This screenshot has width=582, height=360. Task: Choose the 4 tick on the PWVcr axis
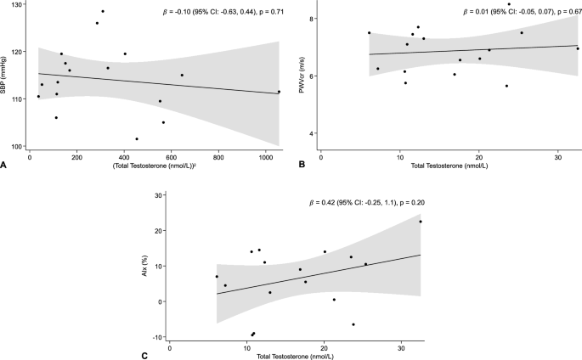tap(312, 133)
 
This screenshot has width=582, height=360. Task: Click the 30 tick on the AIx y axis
tap(161, 195)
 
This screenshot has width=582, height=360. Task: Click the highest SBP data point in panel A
tap(103, 12)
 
